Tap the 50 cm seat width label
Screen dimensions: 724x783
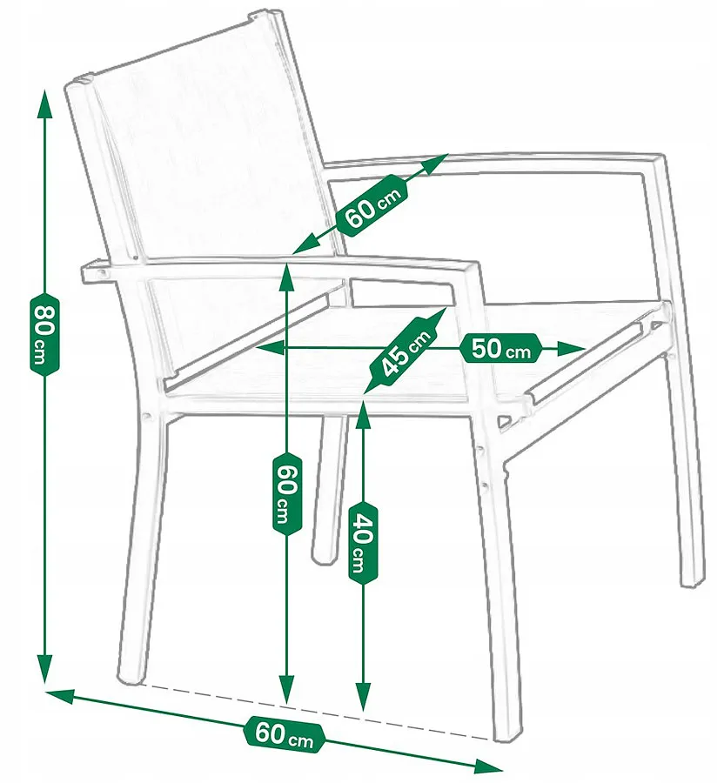point(500,348)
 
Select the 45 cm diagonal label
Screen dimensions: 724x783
point(404,351)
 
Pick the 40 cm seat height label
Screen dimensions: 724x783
point(363,543)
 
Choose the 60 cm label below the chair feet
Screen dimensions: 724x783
point(284,733)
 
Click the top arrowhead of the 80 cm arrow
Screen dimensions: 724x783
point(45,104)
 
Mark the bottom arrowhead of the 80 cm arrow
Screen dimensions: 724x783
point(45,668)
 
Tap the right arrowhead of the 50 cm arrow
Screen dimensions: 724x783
point(571,349)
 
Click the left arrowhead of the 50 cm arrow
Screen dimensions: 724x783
point(271,348)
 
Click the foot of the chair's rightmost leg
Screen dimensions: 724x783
point(695,579)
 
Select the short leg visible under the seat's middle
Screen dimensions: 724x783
point(329,489)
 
